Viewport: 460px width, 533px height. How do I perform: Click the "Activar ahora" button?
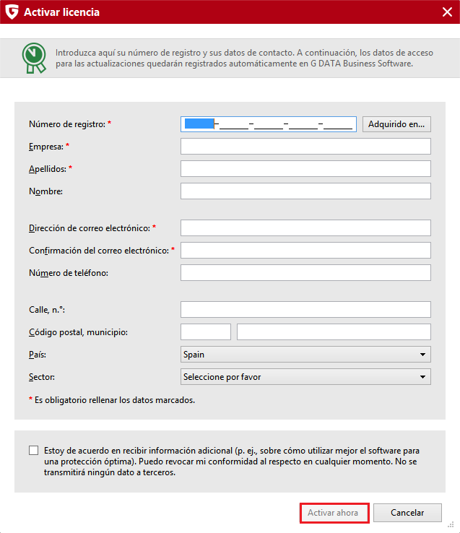click(334, 513)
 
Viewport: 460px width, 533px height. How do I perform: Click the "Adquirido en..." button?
click(396, 124)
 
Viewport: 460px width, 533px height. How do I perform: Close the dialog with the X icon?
click(447, 12)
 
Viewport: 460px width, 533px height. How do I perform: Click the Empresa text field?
click(305, 147)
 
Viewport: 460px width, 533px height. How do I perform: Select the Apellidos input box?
click(305, 169)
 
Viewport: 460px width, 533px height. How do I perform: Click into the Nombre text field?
click(305, 191)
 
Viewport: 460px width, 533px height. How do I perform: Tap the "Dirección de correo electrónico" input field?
click(305, 227)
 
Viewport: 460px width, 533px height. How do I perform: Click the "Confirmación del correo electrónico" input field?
click(305, 251)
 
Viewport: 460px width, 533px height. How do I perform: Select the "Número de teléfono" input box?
click(305, 272)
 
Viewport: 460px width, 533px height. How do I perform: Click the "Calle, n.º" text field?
click(305, 310)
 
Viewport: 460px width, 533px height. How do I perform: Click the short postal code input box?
click(206, 332)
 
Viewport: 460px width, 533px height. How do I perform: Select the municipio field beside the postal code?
click(334, 332)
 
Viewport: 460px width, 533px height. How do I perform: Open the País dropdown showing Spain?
click(305, 355)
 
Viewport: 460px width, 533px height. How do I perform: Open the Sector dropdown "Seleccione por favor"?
click(305, 377)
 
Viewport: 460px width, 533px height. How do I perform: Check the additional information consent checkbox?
click(34, 451)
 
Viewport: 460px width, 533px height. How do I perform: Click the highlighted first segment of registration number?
click(199, 124)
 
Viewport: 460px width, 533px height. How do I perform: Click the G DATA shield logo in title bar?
click(12, 12)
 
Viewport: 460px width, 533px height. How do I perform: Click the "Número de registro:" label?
click(66, 124)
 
